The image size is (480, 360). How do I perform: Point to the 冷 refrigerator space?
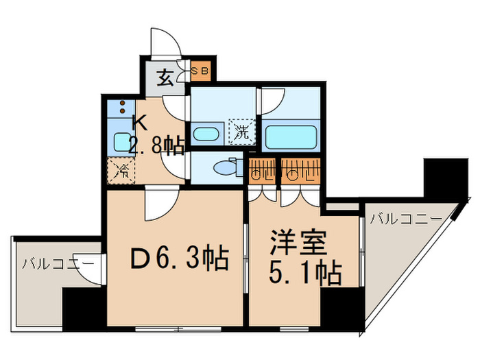pos(122,169)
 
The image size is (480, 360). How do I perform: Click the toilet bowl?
pos(225,167)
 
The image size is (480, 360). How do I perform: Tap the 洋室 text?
pos(296,243)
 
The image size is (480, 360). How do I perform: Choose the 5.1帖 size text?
pos(304,274)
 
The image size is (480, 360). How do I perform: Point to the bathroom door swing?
pos(271,99)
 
